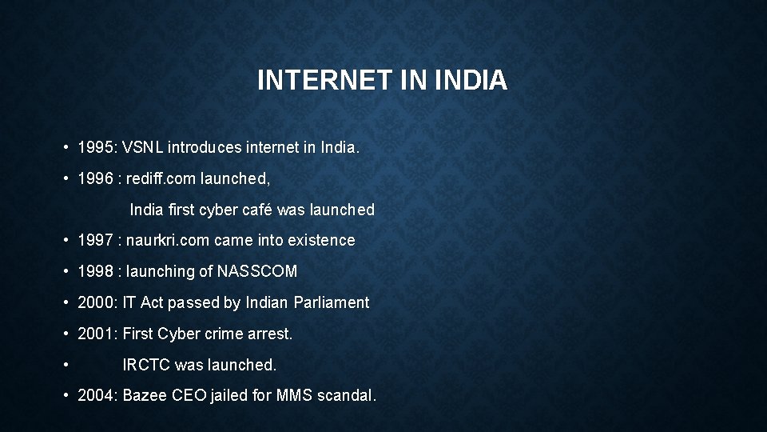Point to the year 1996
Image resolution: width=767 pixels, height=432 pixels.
[x=95, y=179]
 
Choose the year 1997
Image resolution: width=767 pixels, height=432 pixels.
[x=95, y=240]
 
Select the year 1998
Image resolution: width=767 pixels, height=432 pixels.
[x=95, y=271]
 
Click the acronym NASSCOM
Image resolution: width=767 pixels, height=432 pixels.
[x=257, y=271]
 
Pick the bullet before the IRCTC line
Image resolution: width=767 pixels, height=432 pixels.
[x=65, y=366]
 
